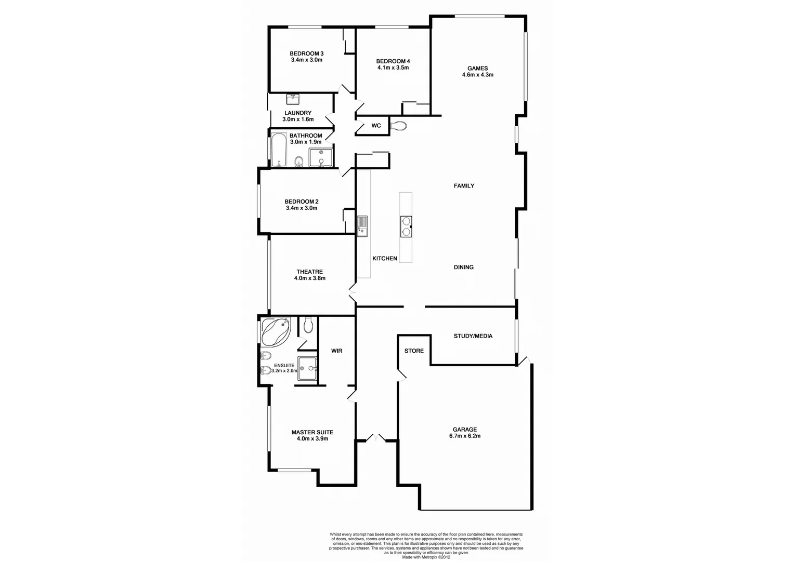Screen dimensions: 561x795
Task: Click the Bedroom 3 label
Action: click(306, 54)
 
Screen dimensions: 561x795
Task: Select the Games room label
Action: click(477, 68)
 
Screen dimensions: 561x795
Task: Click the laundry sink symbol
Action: click(292, 98)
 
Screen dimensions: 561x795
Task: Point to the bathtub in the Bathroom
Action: click(278, 150)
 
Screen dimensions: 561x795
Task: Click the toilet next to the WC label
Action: click(399, 125)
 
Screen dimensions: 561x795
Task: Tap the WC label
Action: click(376, 126)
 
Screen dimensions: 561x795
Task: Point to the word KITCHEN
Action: click(385, 259)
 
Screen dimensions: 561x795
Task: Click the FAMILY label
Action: click(464, 185)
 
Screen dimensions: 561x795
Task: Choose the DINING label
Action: click(463, 268)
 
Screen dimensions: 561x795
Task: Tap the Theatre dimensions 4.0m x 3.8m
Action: click(309, 278)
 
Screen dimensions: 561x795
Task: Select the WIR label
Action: click(336, 351)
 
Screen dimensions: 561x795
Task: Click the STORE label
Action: click(414, 351)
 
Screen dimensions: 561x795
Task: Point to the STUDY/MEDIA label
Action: click(473, 336)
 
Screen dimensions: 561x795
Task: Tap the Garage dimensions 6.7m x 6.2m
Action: click(464, 436)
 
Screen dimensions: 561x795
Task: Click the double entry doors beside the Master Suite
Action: click(374, 438)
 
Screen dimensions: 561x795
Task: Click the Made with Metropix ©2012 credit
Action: click(426, 557)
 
